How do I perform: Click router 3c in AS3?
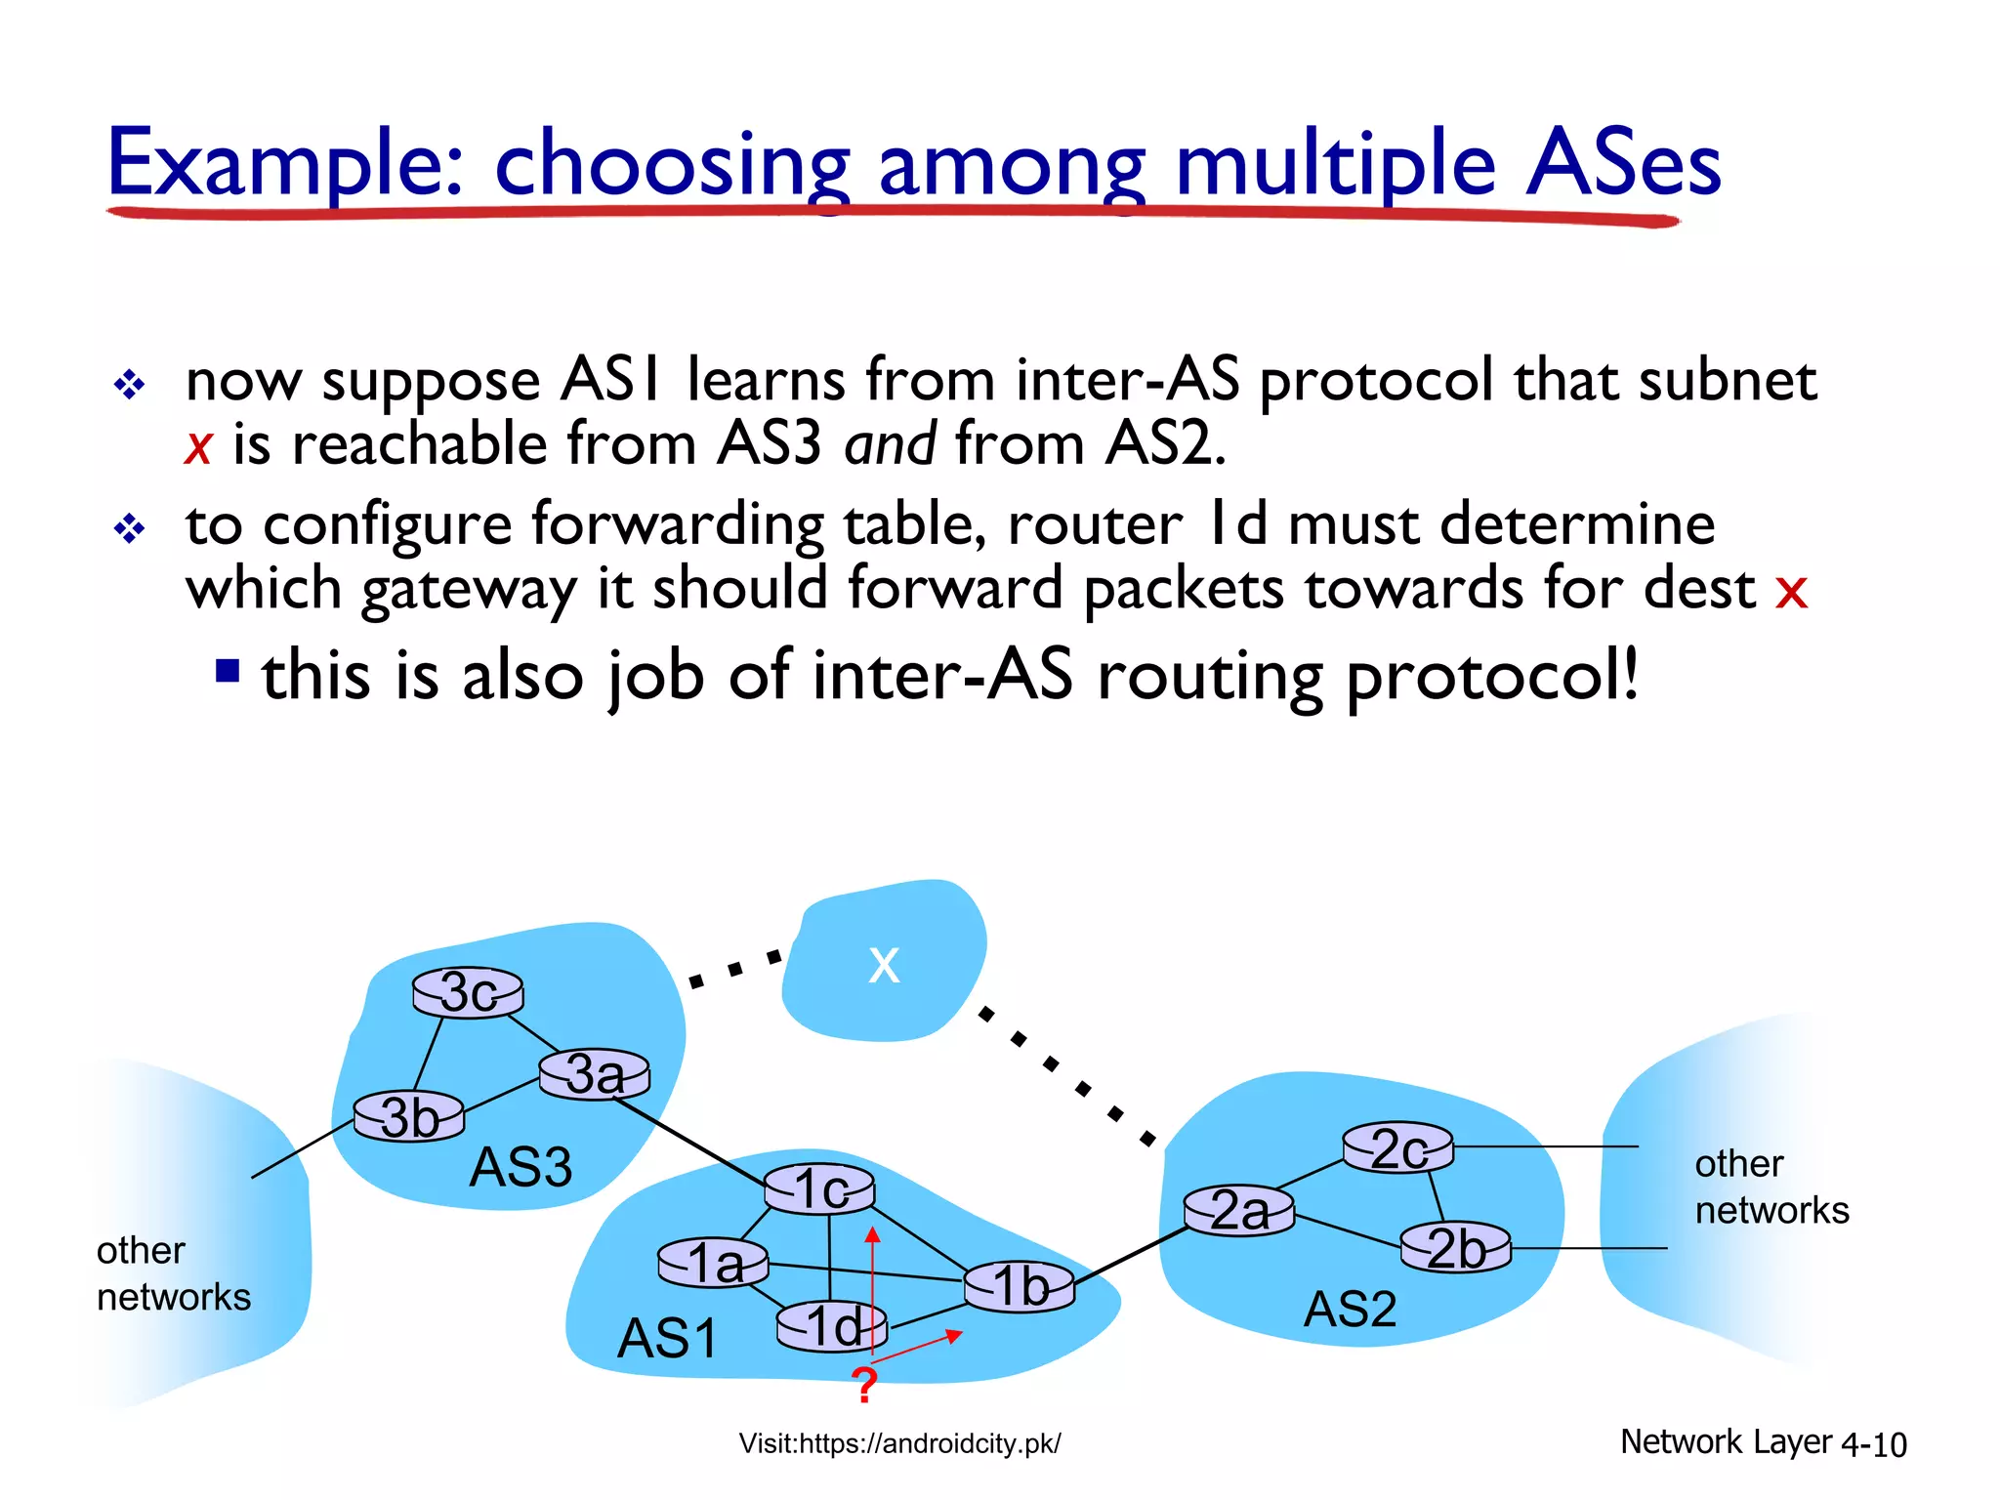click(468, 993)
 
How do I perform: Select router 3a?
click(595, 1074)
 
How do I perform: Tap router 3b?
click(409, 1116)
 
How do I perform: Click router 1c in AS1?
click(819, 1189)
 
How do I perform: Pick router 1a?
click(714, 1263)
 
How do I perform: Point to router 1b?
click(1020, 1286)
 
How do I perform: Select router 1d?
click(832, 1326)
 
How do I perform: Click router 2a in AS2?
click(1238, 1211)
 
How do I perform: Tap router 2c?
click(1397, 1147)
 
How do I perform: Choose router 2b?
click(1455, 1248)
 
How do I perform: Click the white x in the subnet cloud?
click(884, 965)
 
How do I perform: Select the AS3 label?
click(521, 1167)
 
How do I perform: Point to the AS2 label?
click(1351, 1309)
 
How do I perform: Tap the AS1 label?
click(668, 1338)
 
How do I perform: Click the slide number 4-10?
click(1873, 1444)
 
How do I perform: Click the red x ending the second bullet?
click(1791, 592)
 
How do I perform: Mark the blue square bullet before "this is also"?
click(228, 671)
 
